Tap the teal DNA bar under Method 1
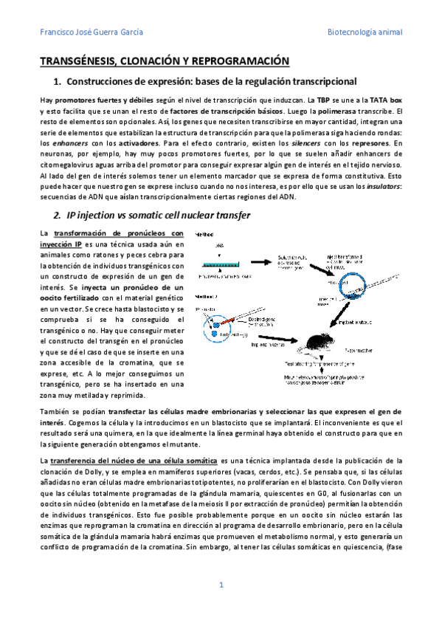[x=221, y=263]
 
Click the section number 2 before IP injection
[x=57, y=216]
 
